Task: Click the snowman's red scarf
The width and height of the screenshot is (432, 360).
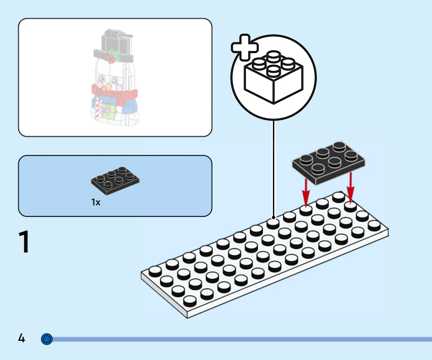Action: click(x=114, y=91)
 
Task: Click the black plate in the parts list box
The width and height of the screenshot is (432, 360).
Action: click(x=115, y=179)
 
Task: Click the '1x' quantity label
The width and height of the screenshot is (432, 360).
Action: click(x=96, y=202)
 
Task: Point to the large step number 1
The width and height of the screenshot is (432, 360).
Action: click(x=24, y=242)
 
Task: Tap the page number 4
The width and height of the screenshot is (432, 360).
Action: click(x=21, y=339)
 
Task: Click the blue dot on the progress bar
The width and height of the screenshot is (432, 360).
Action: click(x=47, y=339)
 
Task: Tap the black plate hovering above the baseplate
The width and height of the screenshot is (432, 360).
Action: click(x=330, y=161)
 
